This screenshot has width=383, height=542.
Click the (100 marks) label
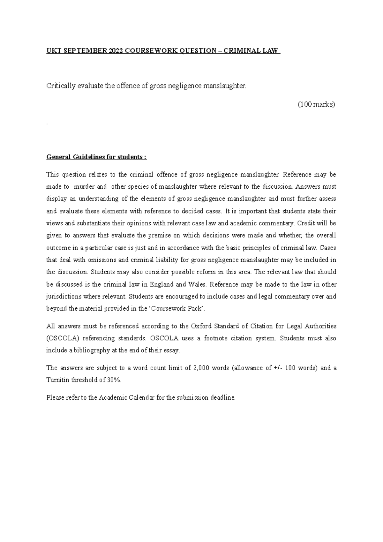coord(316,104)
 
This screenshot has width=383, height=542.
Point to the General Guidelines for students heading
coord(96,157)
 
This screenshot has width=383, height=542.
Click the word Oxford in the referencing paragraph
coord(201,326)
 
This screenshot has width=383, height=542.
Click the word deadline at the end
coord(223,398)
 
